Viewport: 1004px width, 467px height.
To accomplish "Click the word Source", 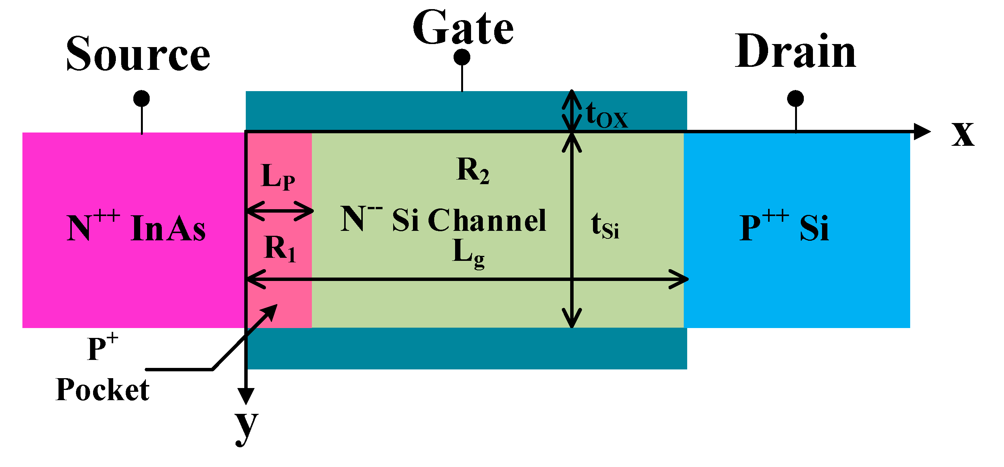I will [x=138, y=55].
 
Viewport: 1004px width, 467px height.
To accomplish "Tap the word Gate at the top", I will [x=463, y=28].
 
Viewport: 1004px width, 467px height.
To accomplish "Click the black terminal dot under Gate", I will [x=462, y=58].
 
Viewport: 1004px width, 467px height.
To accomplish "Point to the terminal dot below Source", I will [x=141, y=99].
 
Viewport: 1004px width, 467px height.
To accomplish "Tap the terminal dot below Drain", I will [x=795, y=99].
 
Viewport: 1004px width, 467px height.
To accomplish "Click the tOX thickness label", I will [x=606, y=115].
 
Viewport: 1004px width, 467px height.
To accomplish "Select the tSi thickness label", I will [x=604, y=226].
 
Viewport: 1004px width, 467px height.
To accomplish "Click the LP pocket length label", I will [x=278, y=177].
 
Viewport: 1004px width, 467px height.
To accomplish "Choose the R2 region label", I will [x=473, y=170].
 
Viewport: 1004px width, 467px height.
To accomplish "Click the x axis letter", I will [x=962, y=134].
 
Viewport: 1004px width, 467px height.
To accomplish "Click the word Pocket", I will [x=102, y=390].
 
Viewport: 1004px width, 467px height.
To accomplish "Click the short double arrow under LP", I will [x=280, y=211].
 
